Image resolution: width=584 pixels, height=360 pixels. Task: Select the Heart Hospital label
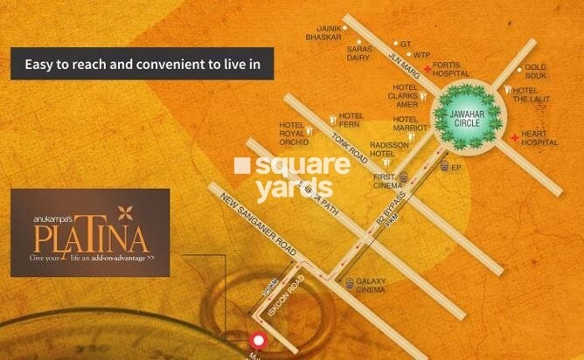click(539, 138)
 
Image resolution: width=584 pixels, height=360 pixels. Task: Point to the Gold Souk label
click(536, 72)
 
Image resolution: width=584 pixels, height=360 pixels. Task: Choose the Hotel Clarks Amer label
click(406, 97)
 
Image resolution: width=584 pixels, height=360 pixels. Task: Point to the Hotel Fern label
click(351, 119)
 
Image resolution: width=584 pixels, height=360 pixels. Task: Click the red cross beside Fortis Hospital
click(426, 67)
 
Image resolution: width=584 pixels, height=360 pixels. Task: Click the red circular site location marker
click(258, 342)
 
